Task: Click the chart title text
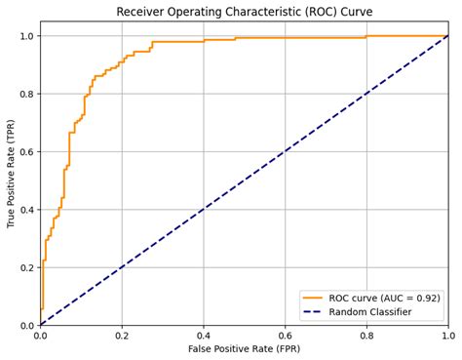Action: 244,12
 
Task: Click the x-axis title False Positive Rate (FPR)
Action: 244,349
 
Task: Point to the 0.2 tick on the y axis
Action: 25,267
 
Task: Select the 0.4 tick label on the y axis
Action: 25,210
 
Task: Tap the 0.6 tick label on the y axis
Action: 25,152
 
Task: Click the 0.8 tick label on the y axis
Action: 25,94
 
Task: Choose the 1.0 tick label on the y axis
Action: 25,36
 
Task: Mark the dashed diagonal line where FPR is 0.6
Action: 286,152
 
